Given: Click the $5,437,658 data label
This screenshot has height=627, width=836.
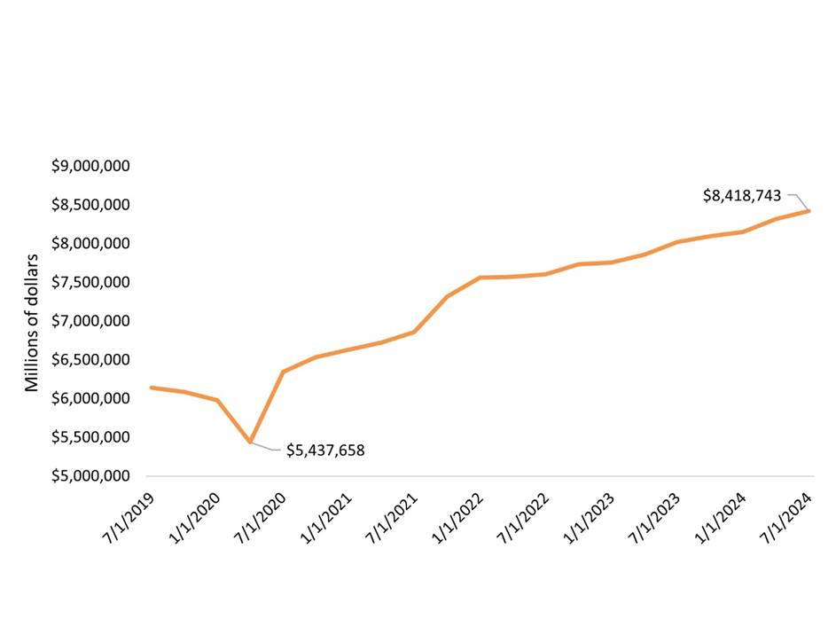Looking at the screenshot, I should (325, 451).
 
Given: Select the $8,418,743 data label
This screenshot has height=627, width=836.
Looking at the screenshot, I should (742, 195).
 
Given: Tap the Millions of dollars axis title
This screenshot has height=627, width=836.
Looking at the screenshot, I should (33, 323).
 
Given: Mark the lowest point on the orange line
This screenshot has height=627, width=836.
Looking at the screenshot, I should (251, 442).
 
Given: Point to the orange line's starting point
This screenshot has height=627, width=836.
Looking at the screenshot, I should (152, 388).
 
